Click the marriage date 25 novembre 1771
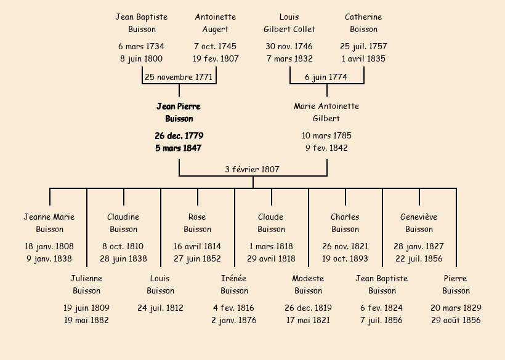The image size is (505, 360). tap(179, 77)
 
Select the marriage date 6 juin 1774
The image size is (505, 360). tap(326, 77)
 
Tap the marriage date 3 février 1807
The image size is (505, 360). tap(252, 169)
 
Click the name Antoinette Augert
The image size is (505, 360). tap(216, 23)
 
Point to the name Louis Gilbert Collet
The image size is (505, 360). tap(289, 23)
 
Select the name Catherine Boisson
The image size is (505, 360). tap(363, 23)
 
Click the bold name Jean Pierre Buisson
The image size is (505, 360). tap(179, 113)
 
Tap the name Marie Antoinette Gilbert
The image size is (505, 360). tap(326, 113)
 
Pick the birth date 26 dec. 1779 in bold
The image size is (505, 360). tap(179, 135)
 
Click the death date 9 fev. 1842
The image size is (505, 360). tap(326, 148)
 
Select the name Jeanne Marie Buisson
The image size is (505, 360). tap(49, 223)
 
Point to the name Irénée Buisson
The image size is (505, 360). tap(234, 284)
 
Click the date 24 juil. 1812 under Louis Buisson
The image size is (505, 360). tap(160, 308)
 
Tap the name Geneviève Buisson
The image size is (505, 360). tap(419, 223)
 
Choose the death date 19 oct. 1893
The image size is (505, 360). tap(345, 258)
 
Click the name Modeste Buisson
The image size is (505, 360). tap(308, 284)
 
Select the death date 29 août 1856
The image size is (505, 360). tap(456, 320)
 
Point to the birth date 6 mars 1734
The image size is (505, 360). tap(142, 46)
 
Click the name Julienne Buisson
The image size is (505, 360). tap(86, 284)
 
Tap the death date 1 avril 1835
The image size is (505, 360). tap(363, 58)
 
